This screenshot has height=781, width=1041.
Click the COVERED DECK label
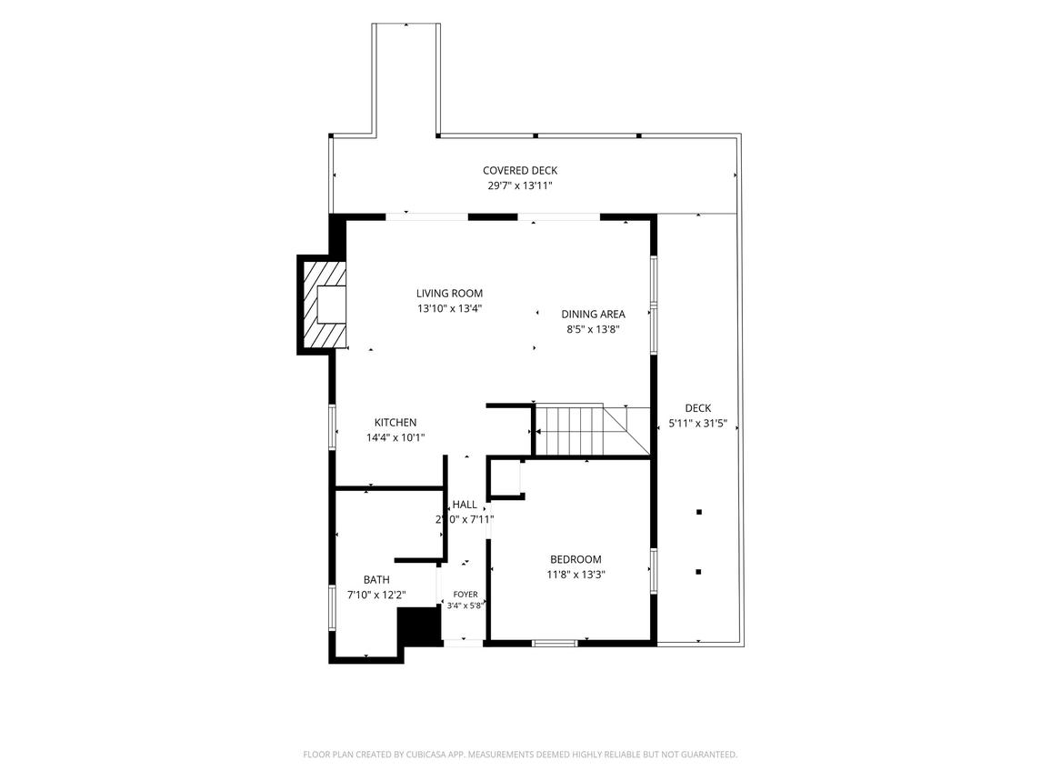(520, 171)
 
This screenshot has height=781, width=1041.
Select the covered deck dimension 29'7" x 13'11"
(520, 186)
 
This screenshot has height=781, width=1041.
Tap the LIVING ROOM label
(449, 294)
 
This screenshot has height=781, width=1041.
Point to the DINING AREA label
(593, 314)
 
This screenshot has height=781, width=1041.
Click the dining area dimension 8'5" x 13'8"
(593, 329)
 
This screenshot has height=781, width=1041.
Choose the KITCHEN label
(395, 423)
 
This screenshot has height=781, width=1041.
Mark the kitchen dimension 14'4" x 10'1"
(395, 437)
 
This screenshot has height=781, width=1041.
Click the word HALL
(465, 505)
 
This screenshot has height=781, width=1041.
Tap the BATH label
(376, 580)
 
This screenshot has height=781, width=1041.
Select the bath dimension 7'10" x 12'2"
(376, 595)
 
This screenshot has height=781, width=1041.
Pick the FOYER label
(465, 595)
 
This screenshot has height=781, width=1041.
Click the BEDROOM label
(576, 560)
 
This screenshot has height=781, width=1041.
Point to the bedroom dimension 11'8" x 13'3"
(576, 576)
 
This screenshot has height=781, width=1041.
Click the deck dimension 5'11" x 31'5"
(697, 424)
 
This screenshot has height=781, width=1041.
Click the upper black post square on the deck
(698, 512)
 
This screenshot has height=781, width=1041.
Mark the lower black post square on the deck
(698, 572)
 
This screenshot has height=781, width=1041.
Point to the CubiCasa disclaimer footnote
(520, 755)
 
